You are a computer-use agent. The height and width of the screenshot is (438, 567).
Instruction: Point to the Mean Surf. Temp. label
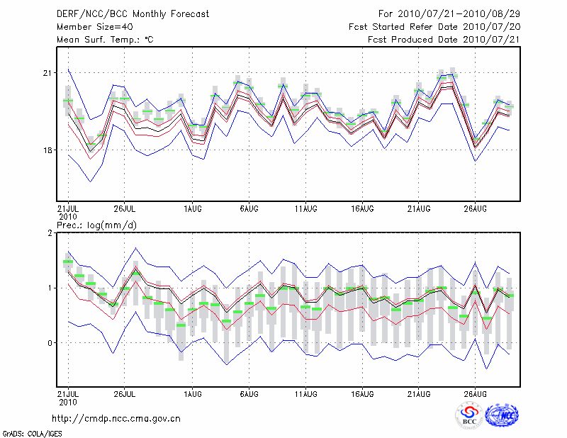pyautogui.click(x=105, y=40)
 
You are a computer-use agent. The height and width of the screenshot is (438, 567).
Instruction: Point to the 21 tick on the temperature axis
pyautogui.click(x=48, y=74)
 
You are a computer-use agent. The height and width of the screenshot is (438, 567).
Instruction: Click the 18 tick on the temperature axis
pyautogui.click(x=48, y=150)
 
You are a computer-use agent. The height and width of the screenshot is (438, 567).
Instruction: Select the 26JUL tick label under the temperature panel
pyautogui.click(x=124, y=208)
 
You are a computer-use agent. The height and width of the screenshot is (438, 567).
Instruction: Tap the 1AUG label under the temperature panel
pyautogui.click(x=192, y=208)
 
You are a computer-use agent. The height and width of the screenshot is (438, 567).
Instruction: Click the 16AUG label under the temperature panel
pyautogui.click(x=362, y=208)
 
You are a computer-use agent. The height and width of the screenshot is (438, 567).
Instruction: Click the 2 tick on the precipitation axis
pyautogui.click(x=50, y=233)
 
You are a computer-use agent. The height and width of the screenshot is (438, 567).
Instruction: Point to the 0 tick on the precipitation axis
pyautogui.click(x=50, y=343)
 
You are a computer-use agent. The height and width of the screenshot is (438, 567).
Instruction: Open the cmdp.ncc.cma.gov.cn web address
pyautogui.click(x=116, y=418)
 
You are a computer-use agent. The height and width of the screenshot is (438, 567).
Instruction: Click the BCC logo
pyautogui.click(x=469, y=415)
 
